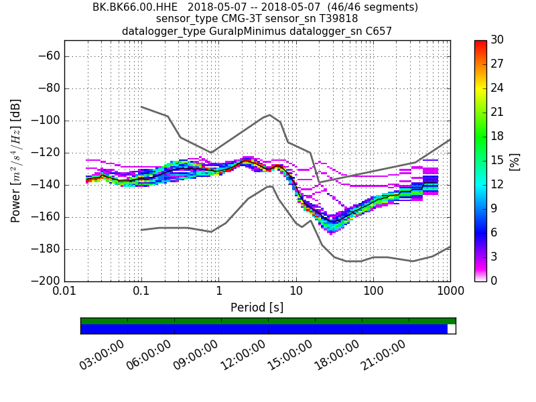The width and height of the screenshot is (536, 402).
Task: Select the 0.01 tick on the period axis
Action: pos(64,292)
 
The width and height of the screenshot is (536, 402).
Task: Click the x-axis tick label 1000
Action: pos(450,292)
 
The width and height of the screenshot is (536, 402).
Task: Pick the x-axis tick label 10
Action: pos(296,292)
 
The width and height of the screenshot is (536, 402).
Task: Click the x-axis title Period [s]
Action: pos(257,308)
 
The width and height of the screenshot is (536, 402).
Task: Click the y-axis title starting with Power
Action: pos(16,161)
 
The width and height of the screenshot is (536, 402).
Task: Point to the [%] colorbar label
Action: pos(515,161)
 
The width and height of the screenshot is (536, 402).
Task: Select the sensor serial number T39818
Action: pos(334,19)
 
